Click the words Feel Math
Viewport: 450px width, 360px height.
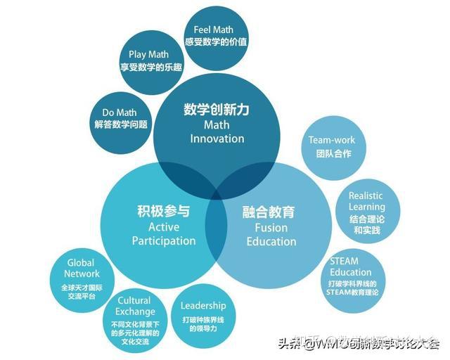[213, 30]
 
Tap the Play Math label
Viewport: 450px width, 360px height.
[148, 54]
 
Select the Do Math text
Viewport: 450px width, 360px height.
[120, 112]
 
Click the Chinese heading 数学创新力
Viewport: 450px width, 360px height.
[217, 110]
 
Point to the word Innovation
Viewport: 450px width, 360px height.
[217, 139]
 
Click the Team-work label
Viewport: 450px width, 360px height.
[332, 140]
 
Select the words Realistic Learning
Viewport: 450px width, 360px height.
[367, 202]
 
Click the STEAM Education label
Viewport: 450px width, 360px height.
[351, 266]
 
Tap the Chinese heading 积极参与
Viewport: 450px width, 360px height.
[163, 211]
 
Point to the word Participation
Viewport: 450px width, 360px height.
[164, 240]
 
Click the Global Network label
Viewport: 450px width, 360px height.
[82, 268]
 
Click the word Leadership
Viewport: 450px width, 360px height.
[203, 305]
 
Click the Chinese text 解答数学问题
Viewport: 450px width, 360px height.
[121, 124]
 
